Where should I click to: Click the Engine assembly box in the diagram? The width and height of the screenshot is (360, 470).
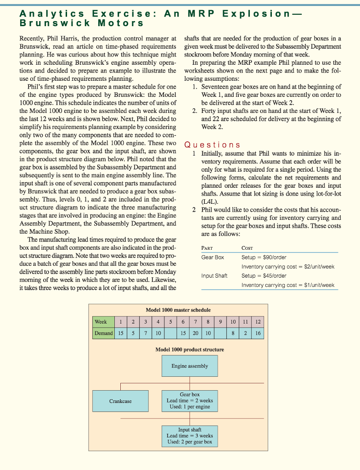[190, 366]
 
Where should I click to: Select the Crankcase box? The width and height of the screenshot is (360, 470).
[120, 401]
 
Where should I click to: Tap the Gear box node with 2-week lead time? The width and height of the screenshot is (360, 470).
[190, 401]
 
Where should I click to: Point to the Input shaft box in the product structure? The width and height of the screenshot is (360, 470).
[190, 436]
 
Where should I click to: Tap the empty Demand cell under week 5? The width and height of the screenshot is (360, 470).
[171, 333]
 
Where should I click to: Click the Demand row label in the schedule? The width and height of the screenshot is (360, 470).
[103, 333]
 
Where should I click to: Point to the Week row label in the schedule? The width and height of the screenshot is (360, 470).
[101, 322]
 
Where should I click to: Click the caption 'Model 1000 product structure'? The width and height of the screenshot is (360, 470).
[190, 350]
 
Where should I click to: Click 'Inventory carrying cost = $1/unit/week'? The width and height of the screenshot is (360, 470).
[288, 285]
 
